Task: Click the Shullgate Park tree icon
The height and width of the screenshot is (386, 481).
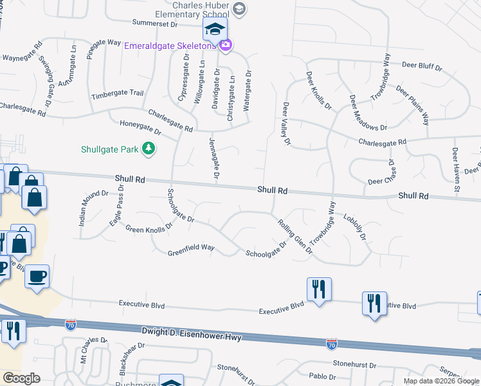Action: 149,149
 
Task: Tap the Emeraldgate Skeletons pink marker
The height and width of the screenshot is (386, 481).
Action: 225,45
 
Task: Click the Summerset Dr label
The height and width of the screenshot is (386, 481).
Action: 154,23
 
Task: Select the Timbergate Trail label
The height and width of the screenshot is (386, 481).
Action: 117,93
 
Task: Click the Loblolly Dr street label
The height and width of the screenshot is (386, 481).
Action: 354,227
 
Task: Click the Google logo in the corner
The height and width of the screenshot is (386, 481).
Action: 22,378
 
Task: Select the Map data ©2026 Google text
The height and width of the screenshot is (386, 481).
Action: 440,381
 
